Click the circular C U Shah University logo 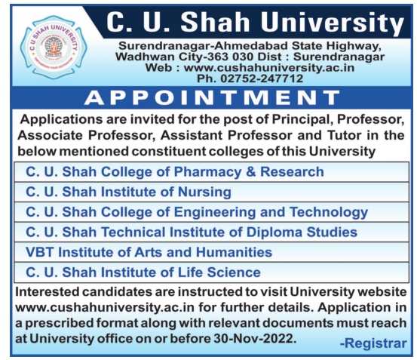[x=54, y=48]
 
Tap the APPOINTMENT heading [x=212, y=97]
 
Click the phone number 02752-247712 [x=262, y=78]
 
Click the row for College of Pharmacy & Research [x=211, y=172]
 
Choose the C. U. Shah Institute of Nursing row [x=211, y=192]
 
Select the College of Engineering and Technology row [x=211, y=212]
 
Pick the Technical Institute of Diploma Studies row [x=211, y=232]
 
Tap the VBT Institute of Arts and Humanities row [x=211, y=252]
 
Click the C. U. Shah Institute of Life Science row [x=211, y=272]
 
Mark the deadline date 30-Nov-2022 [x=255, y=338]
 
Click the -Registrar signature [x=373, y=343]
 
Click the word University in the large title [x=333, y=23]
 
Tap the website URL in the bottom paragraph [x=105, y=308]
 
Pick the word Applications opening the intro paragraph [x=61, y=120]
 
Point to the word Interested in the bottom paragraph [x=47, y=292]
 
